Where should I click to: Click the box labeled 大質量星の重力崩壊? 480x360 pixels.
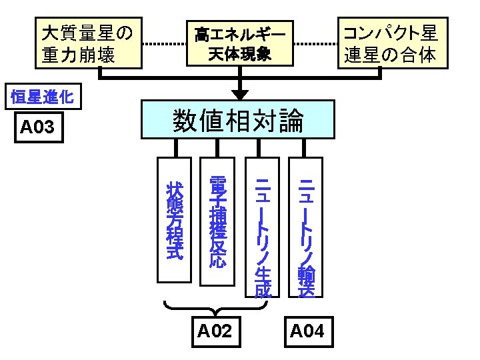click(x=89, y=43)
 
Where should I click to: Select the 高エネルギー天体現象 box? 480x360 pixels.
click(x=240, y=43)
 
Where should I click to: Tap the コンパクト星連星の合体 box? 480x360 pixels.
click(x=393, y=43)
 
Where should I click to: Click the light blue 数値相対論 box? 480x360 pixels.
click(x=238, y=119)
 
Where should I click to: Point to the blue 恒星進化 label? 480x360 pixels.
click(x=43, y=97)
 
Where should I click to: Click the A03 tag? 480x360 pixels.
click(x=39, y=127)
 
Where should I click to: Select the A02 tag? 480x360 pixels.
click(x=216, y=332)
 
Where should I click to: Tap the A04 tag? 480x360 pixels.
click(x=309, y=332)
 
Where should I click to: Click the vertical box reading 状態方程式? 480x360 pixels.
click(x=174, y=220)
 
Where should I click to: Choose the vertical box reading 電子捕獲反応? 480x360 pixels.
click(x=217, y=221)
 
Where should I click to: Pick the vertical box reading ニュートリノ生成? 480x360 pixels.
click(x=263, y=227)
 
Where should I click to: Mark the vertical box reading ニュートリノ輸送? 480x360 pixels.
click(x=306, y=227)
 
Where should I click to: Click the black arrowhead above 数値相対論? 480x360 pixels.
click(x=240, y=95)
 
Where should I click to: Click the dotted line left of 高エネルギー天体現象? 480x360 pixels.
click(x=165, y=44)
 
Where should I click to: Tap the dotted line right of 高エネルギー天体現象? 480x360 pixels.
click(x=315, y=44)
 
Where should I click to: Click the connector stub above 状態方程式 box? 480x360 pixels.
click(x=176, y=148)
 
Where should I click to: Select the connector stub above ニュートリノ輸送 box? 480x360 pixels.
click(x=304, y=148)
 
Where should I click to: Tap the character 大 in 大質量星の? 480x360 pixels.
click(x=51, y=33)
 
